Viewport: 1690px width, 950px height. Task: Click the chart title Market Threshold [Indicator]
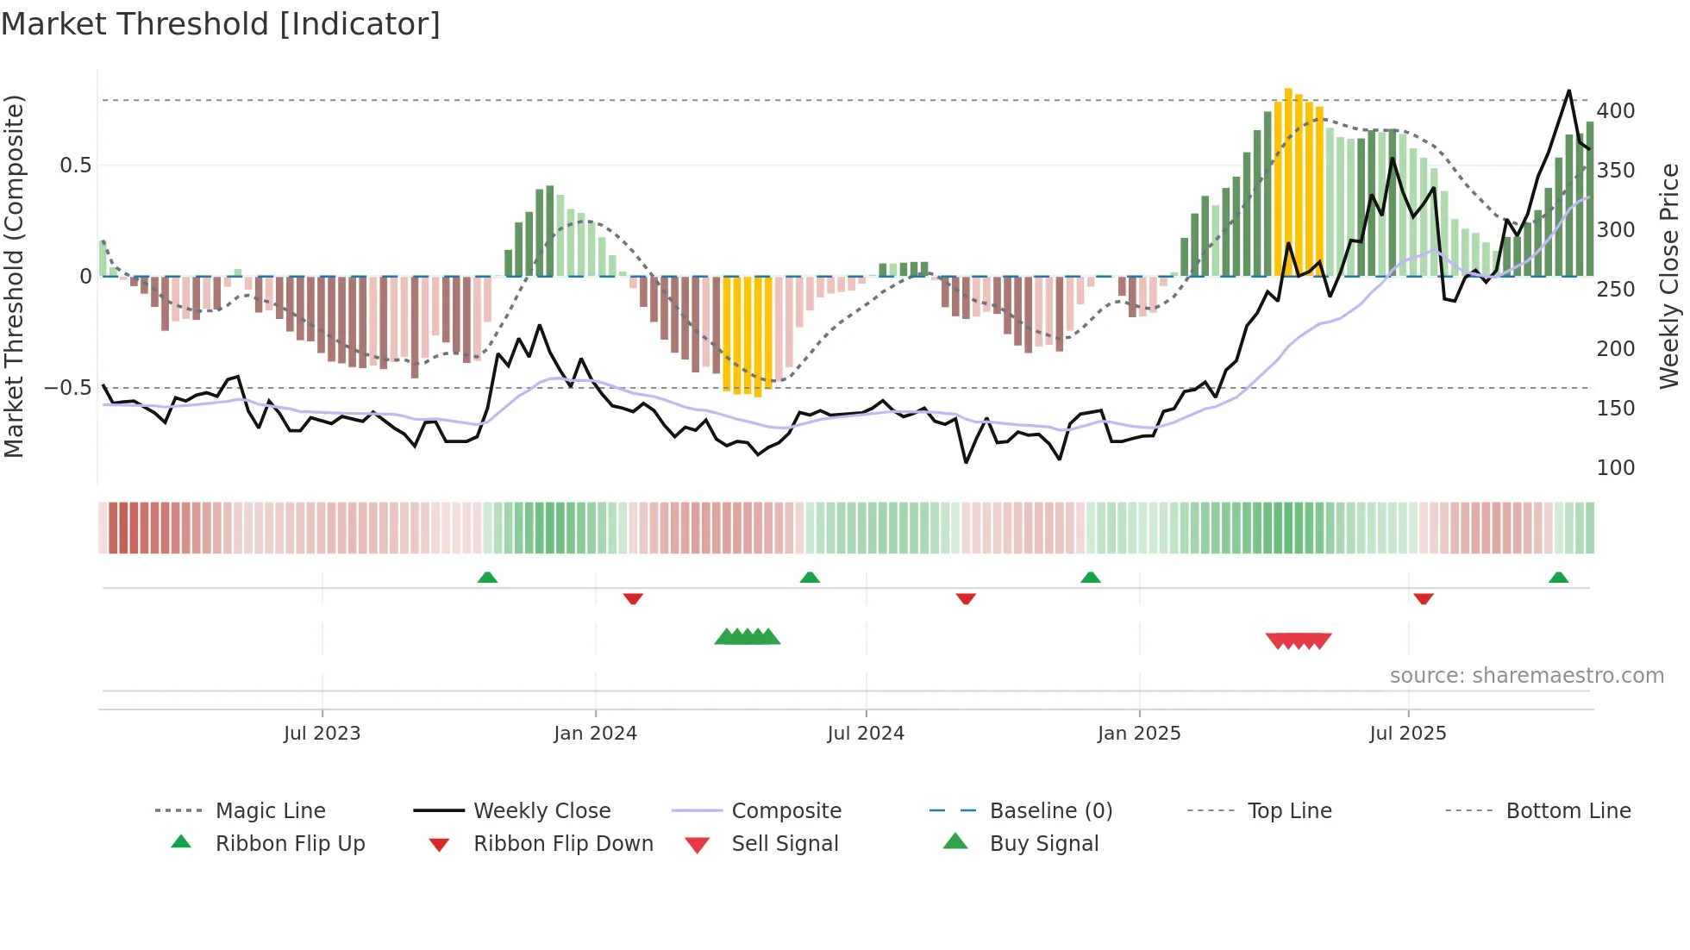click(x=221, y=24)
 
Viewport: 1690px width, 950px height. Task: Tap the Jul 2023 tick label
click(x=322, y=734)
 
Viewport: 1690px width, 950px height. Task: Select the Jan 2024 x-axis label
click(x=595, y=734)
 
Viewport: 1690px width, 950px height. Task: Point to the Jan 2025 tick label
click(x=1138, y=734)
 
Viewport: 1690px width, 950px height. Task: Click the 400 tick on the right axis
click(x=1615, y=111)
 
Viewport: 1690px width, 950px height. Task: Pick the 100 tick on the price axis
click(x=1615, y=468)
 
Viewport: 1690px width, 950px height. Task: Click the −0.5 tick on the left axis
click(x=68, y=388)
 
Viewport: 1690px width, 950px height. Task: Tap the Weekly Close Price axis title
click(x=1669, y=276)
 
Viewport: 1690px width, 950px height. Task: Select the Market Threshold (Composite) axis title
click(x=14, y=276)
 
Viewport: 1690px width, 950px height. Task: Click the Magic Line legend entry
click(x=270, y=811)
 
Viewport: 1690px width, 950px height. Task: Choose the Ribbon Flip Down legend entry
click(x=562, y=844)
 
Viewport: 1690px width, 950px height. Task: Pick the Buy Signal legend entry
click(x=1043, y=844)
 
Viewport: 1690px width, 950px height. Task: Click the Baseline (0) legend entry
click(x=1050, y=811)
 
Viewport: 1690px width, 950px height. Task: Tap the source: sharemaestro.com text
click(x=1526, y=676)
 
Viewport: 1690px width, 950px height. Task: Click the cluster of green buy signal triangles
click(x=748, y=637)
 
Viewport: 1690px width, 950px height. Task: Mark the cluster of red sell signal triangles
click(x=1299, y=641)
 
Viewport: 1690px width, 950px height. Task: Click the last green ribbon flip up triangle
click(x=1558, y=578)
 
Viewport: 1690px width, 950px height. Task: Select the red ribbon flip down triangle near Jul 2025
click(x=1423, y=598)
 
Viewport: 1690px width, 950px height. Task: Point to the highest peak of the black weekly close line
click(x=1568, y=91)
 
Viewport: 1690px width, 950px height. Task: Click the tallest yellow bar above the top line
click(x=1288, y=172)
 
